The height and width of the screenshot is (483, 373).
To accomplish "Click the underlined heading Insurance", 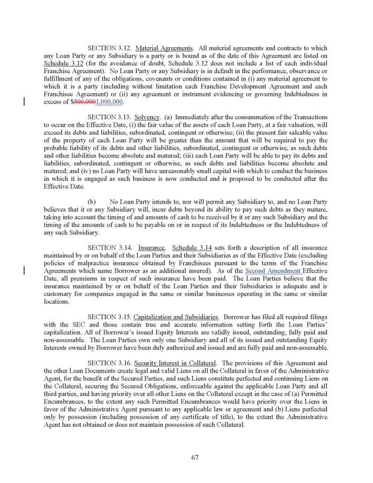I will tap(150, 248).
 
